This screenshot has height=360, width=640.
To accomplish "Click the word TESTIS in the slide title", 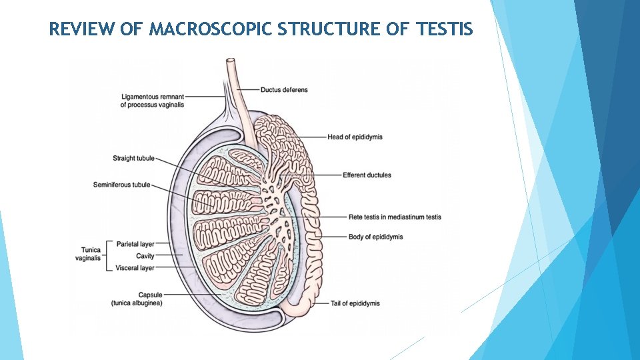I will tap(445, 29).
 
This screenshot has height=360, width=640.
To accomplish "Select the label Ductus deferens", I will tap(284, 90).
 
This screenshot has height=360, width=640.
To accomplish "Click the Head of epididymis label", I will tap(355, 137).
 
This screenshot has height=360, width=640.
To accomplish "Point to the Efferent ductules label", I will tap(367, 175).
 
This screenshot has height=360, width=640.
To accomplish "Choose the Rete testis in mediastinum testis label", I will tap(395, 217).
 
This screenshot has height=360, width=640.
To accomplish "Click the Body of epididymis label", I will tap(375, 237).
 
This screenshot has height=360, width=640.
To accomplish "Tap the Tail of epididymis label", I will tap(355, 303).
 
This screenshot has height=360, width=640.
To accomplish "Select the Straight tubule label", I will tap(133, 159).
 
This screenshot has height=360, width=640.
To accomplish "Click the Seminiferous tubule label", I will tap(122, 185).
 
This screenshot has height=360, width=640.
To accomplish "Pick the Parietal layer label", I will tap(135, 244).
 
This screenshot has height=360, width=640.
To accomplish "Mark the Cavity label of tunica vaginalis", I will tap(145, 256).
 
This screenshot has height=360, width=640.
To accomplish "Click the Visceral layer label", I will tap(135, 268).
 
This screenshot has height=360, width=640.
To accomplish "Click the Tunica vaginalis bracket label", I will tap(87, 255).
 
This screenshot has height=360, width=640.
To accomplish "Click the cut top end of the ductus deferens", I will tap(231, 62).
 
